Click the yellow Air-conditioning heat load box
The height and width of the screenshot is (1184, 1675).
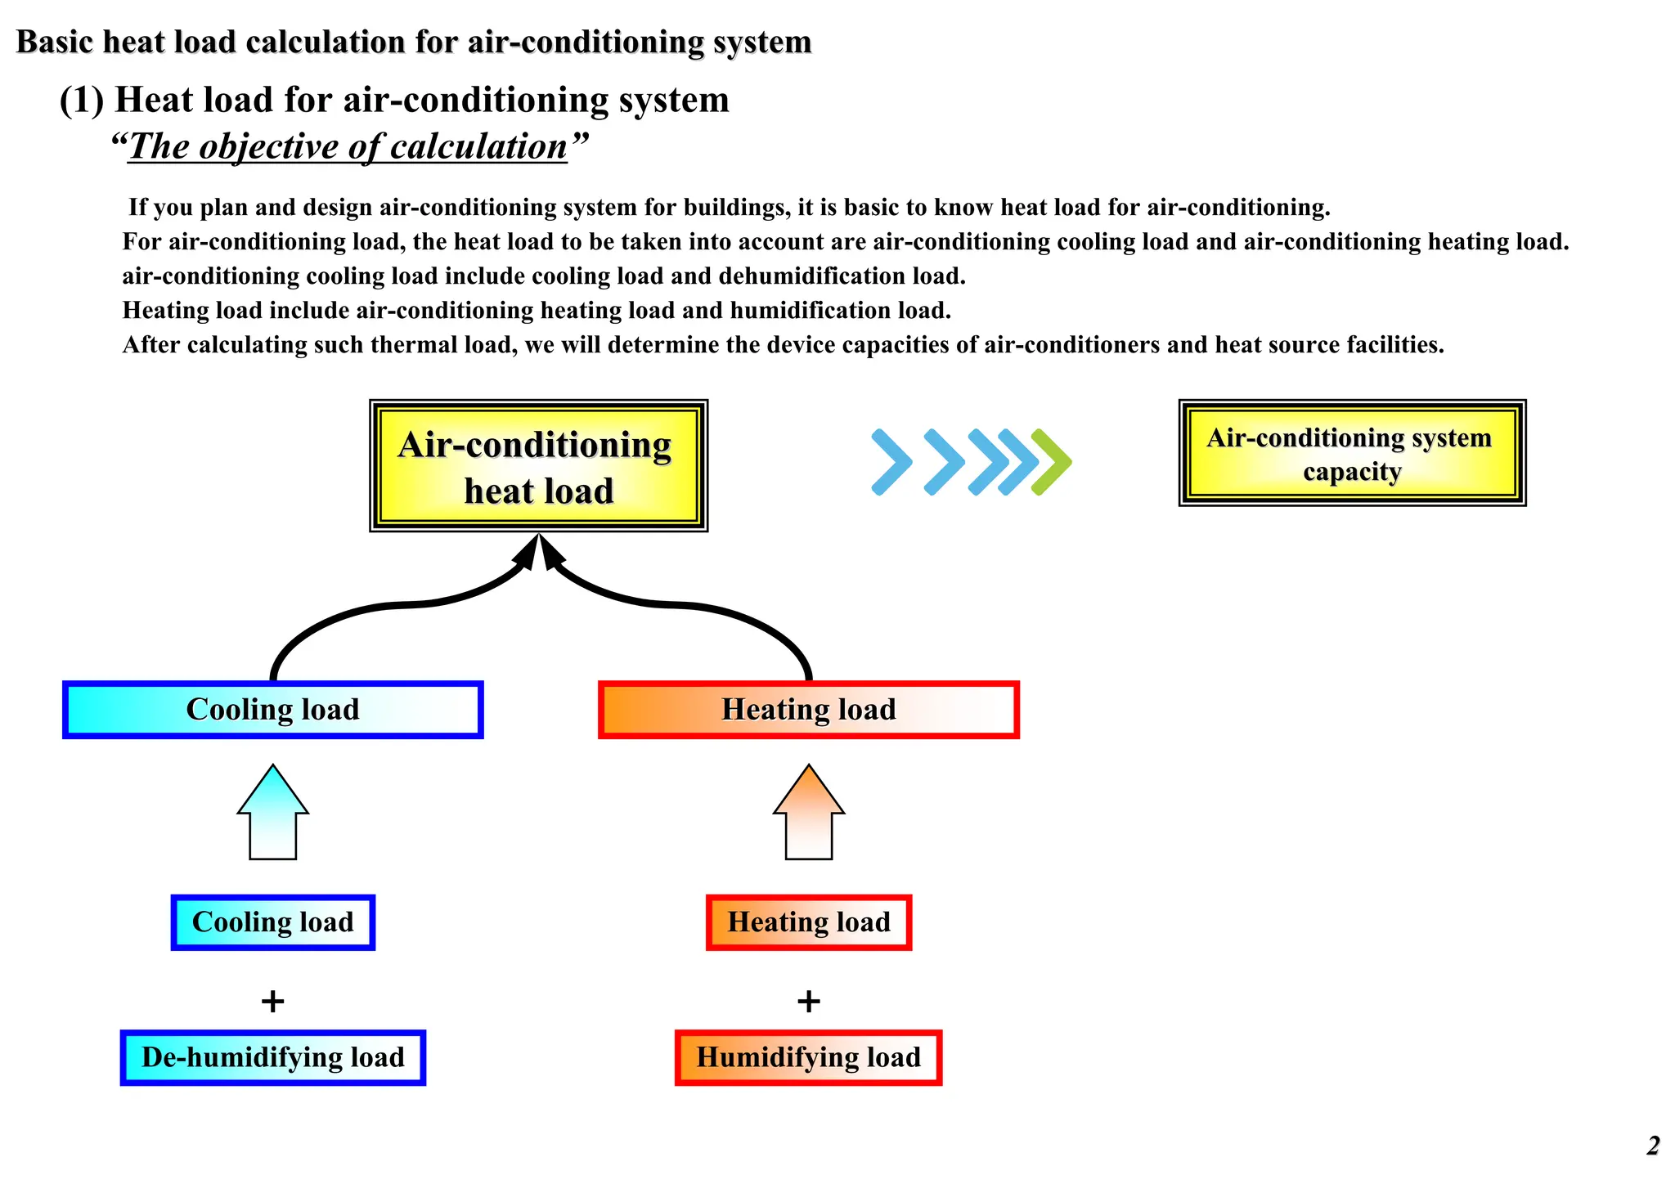538,466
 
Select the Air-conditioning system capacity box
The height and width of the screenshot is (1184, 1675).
1352,453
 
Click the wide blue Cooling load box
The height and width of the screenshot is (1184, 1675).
273,710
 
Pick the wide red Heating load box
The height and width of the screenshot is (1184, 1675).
809,710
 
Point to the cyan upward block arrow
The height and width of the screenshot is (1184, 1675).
273,813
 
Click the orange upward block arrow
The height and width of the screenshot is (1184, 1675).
809,813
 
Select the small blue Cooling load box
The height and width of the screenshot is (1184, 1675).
273,922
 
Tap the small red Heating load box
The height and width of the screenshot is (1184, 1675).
809,922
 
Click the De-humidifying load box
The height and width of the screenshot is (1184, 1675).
273,1057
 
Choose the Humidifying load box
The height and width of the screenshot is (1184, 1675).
809,1057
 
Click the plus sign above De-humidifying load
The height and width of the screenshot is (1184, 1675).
272,1001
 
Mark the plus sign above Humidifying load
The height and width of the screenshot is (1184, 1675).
809,1001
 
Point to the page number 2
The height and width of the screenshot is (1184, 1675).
1653,1146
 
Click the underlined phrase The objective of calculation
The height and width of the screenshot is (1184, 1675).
348,147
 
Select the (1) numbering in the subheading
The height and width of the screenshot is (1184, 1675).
82,101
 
